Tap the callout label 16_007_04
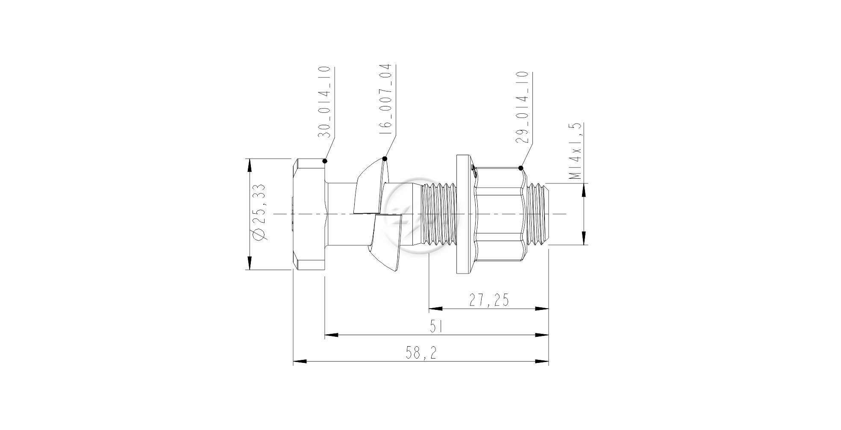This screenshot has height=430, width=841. (385, 100)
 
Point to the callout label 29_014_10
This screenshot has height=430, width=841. (522, 107)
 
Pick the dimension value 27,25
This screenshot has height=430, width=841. (489, 300)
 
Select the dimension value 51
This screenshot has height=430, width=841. (436, 327)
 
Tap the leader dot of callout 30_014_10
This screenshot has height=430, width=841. (325, 161)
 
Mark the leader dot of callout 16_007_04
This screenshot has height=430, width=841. (385, 159)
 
